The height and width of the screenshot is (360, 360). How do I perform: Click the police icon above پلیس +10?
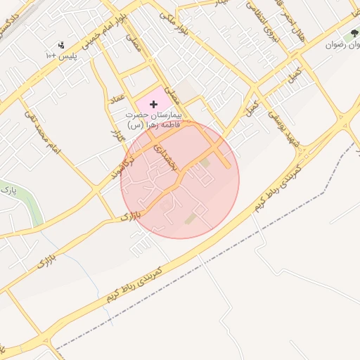(60, 44)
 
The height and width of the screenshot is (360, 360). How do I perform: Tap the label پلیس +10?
(60, 55)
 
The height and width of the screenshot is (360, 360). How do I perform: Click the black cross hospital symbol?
(154, 104)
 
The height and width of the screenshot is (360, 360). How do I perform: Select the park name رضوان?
(342, 44)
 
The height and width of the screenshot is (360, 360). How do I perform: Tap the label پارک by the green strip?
(7, 190)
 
